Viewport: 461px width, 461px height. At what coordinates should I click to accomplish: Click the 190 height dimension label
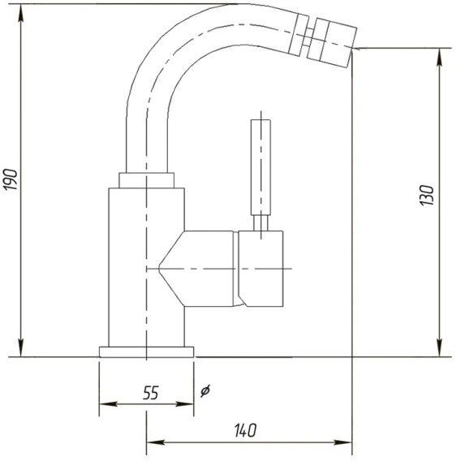click(11, 179)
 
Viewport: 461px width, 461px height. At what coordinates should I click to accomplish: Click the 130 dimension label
click(427, 196)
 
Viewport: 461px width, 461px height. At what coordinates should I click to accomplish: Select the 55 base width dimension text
click(151, 393)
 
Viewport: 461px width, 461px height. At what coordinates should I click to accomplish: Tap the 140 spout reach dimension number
click(245, 430)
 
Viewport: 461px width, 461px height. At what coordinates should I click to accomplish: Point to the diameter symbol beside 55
click(205, 390)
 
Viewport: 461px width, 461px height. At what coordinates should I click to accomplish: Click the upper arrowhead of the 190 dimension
click(21, 13)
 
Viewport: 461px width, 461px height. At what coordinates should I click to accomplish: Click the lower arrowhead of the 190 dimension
click(21, 348)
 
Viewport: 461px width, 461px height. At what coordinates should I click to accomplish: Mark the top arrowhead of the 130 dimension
click(440, 57)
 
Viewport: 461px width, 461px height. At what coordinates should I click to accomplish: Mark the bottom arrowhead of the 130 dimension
click(440, 348)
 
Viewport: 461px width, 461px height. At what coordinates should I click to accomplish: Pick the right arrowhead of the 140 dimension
click(343, 442)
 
